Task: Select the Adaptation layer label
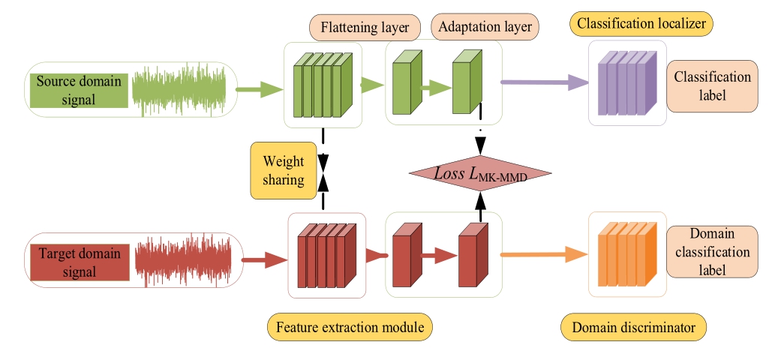(x=485, y=28)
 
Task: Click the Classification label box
(x=712, y=86)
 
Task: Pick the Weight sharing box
(x=283, y=170)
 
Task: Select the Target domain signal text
(x=77, y=262)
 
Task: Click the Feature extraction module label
(x=350, y=328)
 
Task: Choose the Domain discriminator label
(x=634, y=328)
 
